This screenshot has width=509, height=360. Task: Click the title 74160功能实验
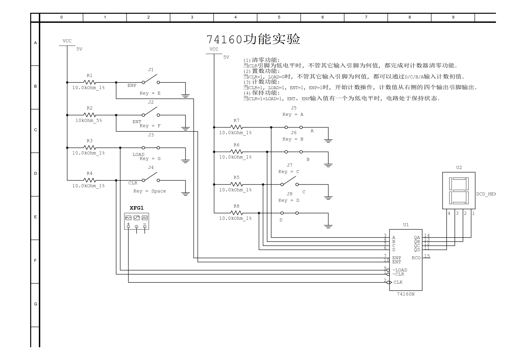click(253, 39)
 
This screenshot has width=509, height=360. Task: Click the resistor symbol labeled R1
click(90, 82)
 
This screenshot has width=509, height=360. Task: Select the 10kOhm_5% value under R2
click(89, 120)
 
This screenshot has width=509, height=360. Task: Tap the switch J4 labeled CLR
click(151, 177)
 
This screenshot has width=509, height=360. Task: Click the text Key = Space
click(149, 191)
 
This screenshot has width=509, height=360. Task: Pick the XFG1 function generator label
click(136, 208)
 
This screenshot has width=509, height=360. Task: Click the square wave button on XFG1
click(145, 218)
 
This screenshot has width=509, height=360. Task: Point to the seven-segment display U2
click(459, 190)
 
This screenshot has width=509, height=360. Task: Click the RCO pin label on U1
click(416, 258)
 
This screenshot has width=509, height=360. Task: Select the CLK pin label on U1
click(398, 282)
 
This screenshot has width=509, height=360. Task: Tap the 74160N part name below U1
click(405, 294)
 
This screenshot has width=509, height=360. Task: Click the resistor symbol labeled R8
click(237, 213)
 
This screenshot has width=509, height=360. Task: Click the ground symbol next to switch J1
click(185, 96)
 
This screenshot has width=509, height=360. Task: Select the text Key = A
click(293, 114)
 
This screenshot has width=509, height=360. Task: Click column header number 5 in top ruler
click(279, 17)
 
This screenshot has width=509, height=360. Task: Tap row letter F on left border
click(35, 260)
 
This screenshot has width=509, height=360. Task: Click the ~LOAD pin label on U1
click(400, 270)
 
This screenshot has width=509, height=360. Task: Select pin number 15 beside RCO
click(427, 256)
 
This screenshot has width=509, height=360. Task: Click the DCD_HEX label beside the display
click(486, 194)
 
